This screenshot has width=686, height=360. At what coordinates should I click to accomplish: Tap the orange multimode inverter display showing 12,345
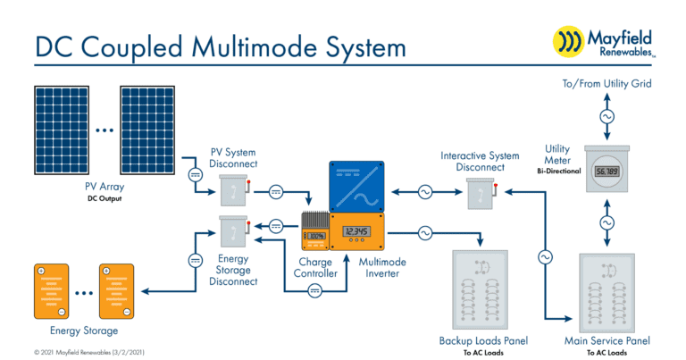tap(356, 232)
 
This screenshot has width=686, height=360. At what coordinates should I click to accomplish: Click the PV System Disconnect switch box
tap(232, 188)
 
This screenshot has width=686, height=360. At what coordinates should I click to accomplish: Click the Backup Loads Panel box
tap(483, 290)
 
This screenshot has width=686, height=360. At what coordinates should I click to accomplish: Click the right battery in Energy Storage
tap(122, 290)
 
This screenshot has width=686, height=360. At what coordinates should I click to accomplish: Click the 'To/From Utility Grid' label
tap(607, 84)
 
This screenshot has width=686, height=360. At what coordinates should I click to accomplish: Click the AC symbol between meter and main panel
tap(607, 222)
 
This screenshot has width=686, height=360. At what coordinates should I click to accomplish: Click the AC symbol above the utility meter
tap(607, 117)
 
